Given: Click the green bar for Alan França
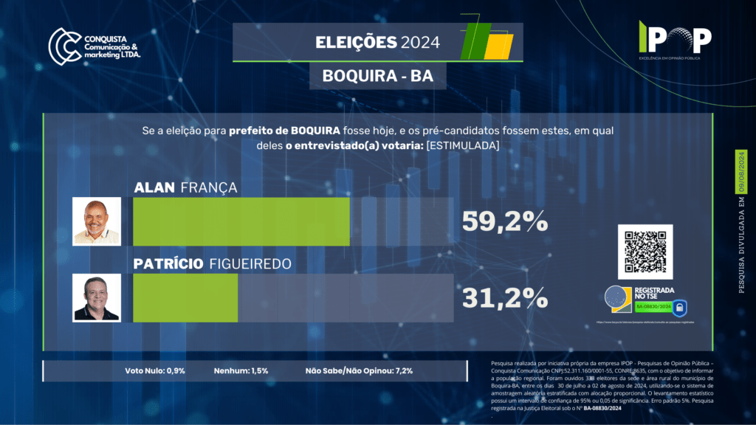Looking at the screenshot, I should tap(241, 221).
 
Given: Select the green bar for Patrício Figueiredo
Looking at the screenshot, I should tap(185, 297).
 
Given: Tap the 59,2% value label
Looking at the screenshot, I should tap(504, 221).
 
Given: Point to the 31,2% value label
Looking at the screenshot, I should tap(504, 297).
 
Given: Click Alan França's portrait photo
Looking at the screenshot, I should tap(97, 221).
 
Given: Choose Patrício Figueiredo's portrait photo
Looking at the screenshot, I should tap(97, 297).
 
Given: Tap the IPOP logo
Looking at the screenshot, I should tap(675, 36).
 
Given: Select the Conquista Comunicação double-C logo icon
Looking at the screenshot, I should tap(64, 44).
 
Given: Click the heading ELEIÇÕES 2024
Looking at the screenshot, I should tap(377, 43).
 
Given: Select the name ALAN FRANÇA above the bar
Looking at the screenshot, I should tap(185, 188).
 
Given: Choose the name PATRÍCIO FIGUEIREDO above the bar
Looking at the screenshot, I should tap(212, 264).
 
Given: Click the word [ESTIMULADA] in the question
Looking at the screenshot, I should tap(462, 145).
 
